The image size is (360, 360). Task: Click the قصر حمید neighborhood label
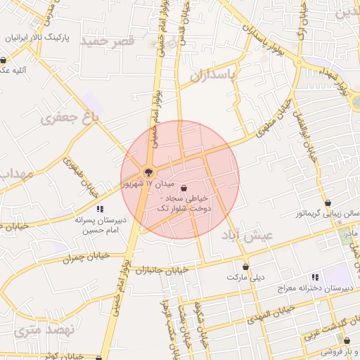click(108, 41)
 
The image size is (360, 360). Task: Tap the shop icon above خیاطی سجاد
click(184, 188)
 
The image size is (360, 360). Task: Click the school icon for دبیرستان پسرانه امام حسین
click(100, 209)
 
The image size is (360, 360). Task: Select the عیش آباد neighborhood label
click(245, 235)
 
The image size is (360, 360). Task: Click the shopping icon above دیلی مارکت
click(245, 266)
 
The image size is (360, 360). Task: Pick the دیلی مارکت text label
click(245, 277)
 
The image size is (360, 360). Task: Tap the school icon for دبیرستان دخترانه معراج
click(314, 277)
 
